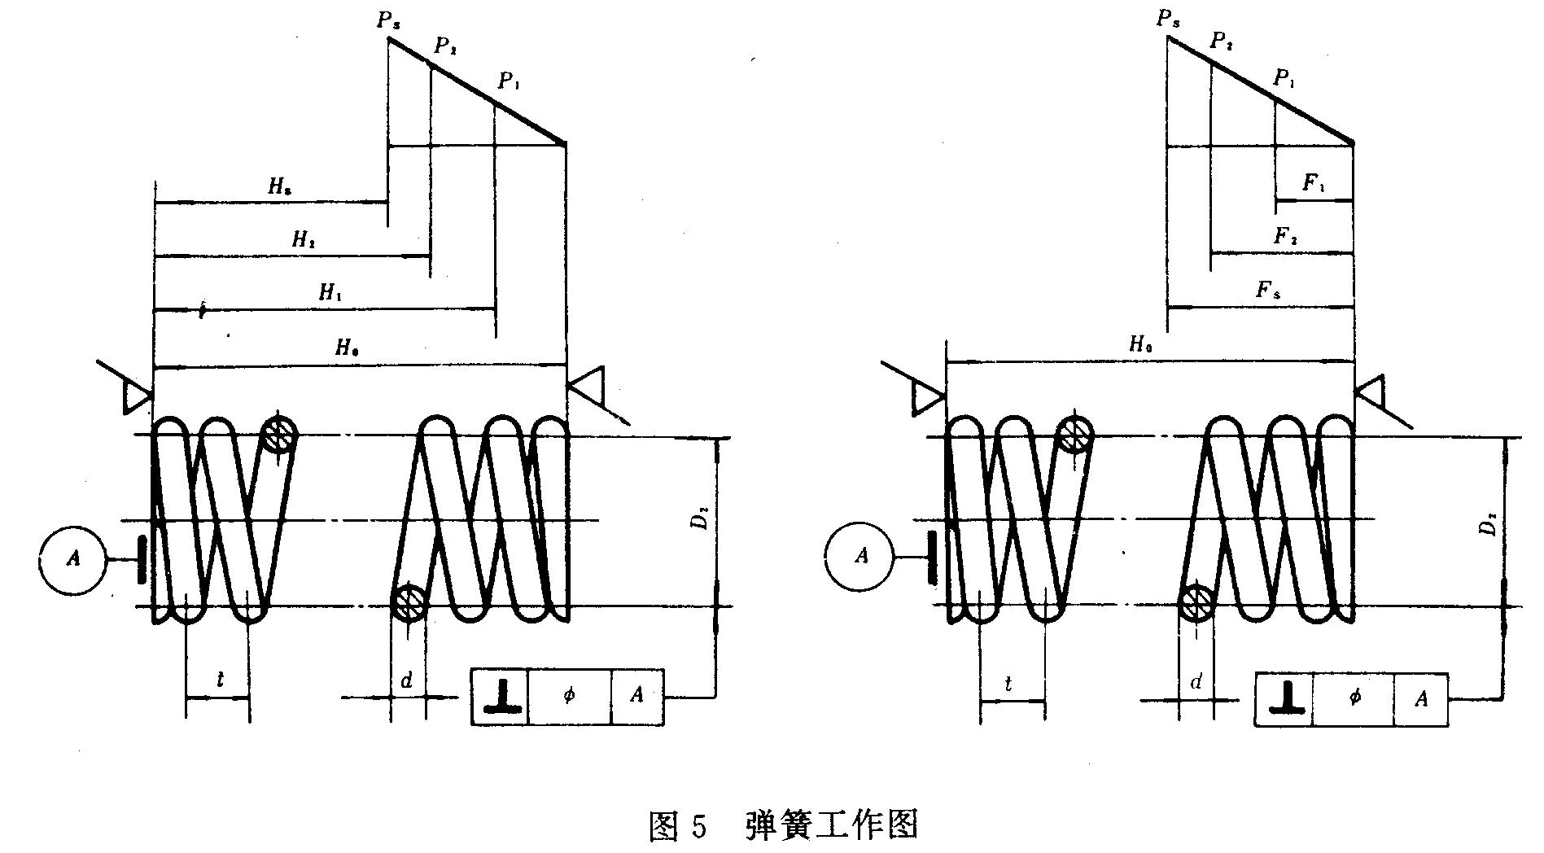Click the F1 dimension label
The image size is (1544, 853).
pos(1314,184)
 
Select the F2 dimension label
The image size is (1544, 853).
pos(1285,237)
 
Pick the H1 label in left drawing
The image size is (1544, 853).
pos(329,293)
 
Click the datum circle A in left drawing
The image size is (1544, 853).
pos(72,558)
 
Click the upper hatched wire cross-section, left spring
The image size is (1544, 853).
pos(278,435)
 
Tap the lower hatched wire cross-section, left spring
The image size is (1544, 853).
pos(408,603)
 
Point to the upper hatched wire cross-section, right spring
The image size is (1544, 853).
pos(1075,433)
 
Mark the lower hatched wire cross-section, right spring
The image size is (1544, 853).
pos(1196,603)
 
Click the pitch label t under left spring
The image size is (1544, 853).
pos(220,680)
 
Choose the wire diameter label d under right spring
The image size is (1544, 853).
pos(1196,682)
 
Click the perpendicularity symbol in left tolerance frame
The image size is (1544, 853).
pos(501,697)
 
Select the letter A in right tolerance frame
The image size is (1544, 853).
pos(1420,698)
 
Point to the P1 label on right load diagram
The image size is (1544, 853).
pos(1284,79)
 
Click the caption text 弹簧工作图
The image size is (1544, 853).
pos(831,825)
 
